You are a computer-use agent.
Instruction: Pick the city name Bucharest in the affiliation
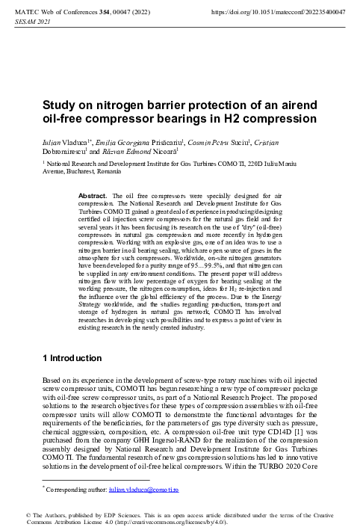click(x=89, y=171)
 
